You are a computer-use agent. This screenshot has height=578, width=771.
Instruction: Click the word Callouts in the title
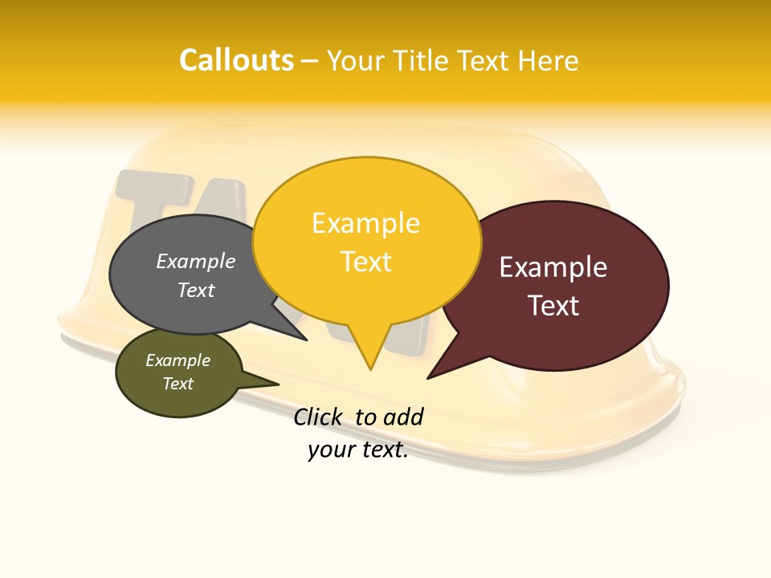(236, 60)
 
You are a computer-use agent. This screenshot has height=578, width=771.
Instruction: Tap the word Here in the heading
(548, 60)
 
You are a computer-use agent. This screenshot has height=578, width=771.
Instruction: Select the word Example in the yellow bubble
(365, 223)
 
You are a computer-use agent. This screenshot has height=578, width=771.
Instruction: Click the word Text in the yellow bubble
(365, 262)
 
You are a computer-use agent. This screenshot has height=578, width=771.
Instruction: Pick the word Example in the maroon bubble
(553, 267)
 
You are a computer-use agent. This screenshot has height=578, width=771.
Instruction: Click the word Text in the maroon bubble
(553, 306)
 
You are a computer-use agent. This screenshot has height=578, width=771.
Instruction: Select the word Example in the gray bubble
(195, 261)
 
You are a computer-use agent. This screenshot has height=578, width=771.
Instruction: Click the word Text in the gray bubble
(195, 290)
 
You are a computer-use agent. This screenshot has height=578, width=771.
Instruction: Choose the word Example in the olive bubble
(177, 360)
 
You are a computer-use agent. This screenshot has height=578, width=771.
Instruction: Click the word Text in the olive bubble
(177, 384)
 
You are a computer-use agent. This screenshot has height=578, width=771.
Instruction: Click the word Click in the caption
(318, 417)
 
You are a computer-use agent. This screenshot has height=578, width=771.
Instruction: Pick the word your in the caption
(330, 450)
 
